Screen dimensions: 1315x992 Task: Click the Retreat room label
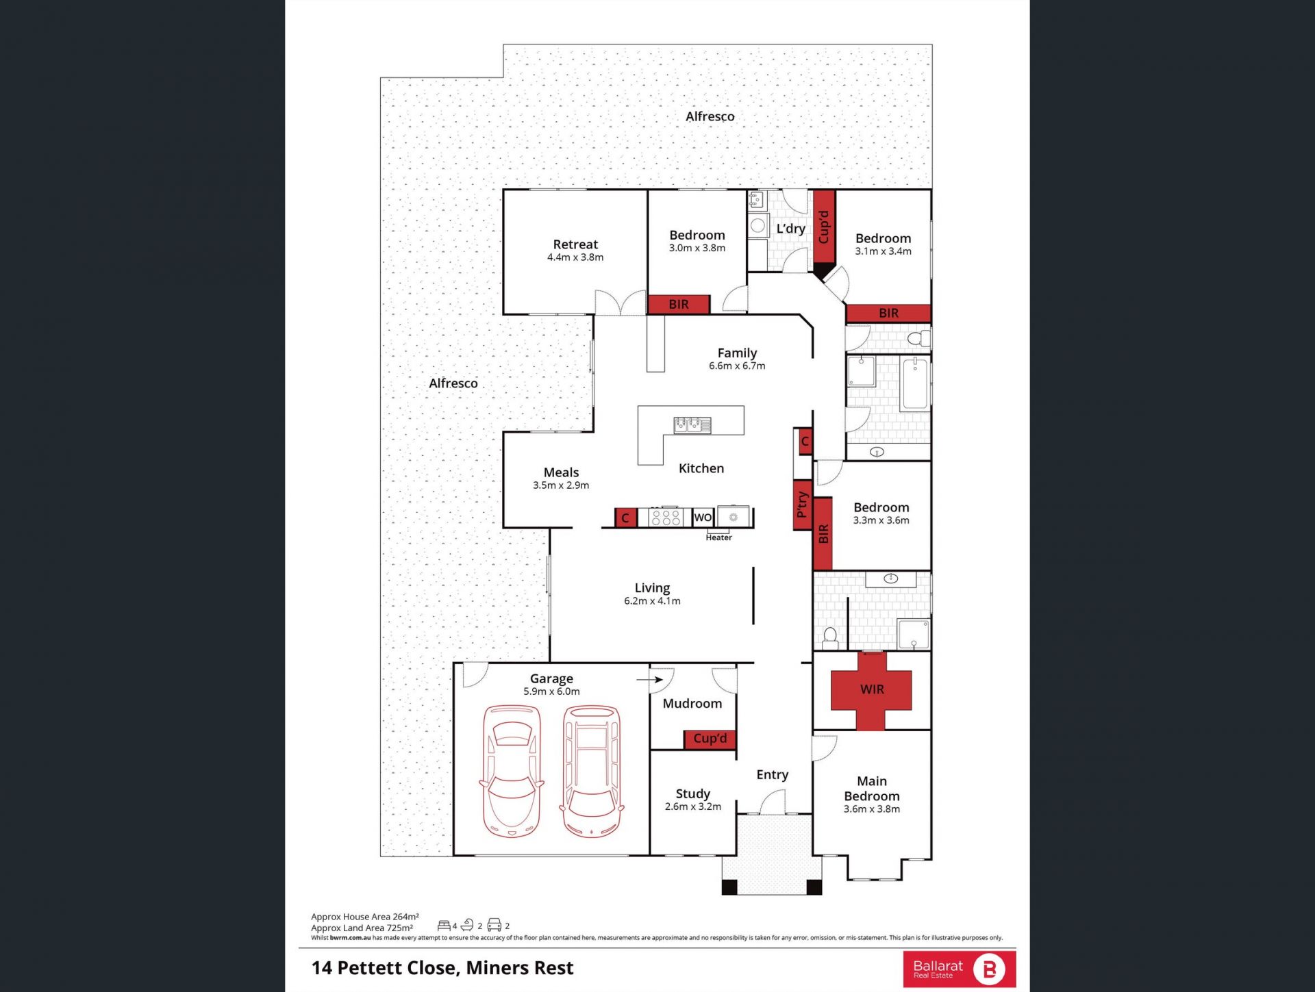tap(575, 244)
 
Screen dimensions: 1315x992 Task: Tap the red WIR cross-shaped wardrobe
tap(871, 690)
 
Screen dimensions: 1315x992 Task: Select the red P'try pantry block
tap(802, 505)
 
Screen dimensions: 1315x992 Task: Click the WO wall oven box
tap(703, 518)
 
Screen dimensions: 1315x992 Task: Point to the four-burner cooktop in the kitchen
tap(666, 517)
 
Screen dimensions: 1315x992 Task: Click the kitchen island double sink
tap(692, 425)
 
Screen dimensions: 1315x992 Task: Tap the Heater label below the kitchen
tap(718, 537)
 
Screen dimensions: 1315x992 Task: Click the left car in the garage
tap(512, 771)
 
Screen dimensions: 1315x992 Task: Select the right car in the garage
tap(592, 771)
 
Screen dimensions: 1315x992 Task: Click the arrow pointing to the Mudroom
tap(649, 680)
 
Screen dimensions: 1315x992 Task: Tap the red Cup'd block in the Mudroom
tap(710, 739)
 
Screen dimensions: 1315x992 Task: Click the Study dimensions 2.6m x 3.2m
tap(692, 806)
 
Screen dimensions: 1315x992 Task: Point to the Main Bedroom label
tap(871, 789)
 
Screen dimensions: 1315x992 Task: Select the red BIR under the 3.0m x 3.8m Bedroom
tap(679, 305)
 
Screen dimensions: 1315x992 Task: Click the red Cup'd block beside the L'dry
tap(824, 227)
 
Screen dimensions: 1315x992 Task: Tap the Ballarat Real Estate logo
tap(959, 969)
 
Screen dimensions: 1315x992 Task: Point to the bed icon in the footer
tap(444, 926)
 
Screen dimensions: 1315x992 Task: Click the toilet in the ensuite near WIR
tap(830, 638)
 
